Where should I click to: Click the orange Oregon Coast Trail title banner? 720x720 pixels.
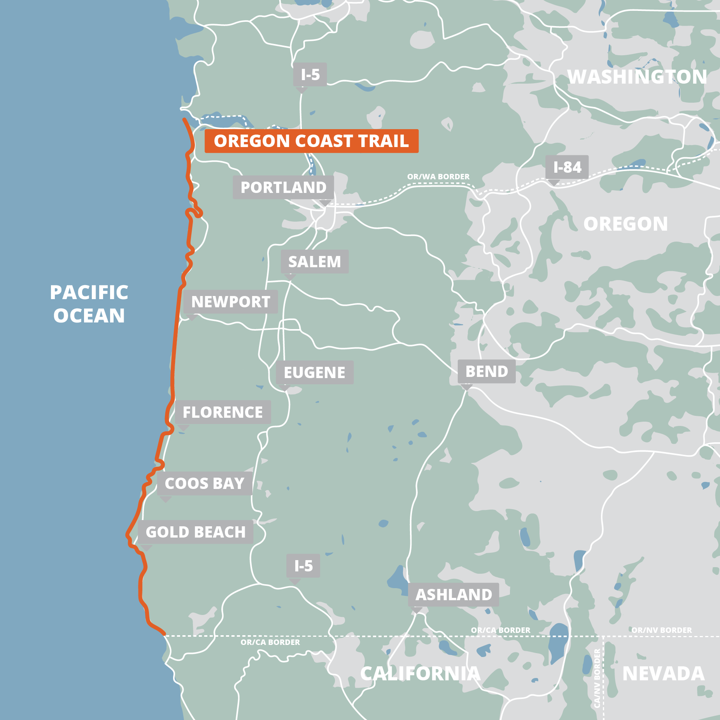(x=311, y=141)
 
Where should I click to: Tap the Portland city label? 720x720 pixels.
(x=283, y=187)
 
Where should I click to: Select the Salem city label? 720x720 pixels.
(x=314, y=262)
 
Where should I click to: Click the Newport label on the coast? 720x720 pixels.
(x=230, y=302)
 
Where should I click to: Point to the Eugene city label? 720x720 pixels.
(x=314, y=373)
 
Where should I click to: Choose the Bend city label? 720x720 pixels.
(x=487, y=371)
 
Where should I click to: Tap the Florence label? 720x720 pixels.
(x=222, y=412)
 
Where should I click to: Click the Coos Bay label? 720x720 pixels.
(x=205, y=484)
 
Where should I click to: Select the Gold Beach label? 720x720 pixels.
(x=195, y=532)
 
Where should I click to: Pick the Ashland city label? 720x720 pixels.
(x=454, y=595)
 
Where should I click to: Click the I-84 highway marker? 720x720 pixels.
(x=567, y=167)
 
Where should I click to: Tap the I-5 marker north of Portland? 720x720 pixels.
(x=310, y=75)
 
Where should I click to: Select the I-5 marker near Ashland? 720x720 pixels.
(x=303, y=566)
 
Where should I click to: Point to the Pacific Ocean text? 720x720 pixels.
(x=89, y=304)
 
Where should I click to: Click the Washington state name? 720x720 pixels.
(x=637, y=77)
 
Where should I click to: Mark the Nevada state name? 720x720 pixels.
(x=663, y=674)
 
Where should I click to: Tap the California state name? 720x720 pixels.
(x=420, y=674)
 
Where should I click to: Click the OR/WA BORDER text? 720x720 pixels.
(x=438, y=177)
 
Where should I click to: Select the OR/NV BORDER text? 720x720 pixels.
(x=661, y=630)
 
